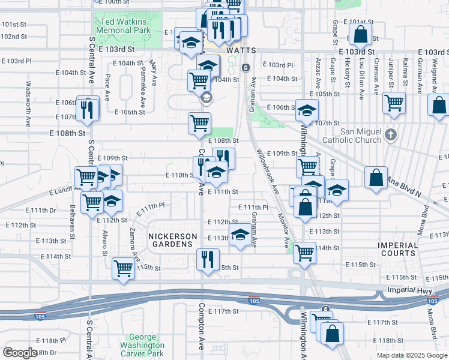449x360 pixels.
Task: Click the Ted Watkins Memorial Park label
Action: point(122,26)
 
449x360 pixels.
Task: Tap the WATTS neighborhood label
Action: point(241,52)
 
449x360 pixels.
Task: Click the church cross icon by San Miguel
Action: point(391,134)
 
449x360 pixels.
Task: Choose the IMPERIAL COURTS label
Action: point(397,250)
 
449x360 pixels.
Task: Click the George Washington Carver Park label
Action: point(142,345)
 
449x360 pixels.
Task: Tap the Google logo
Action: point(20,353)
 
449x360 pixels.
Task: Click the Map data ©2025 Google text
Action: point(411,355)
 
